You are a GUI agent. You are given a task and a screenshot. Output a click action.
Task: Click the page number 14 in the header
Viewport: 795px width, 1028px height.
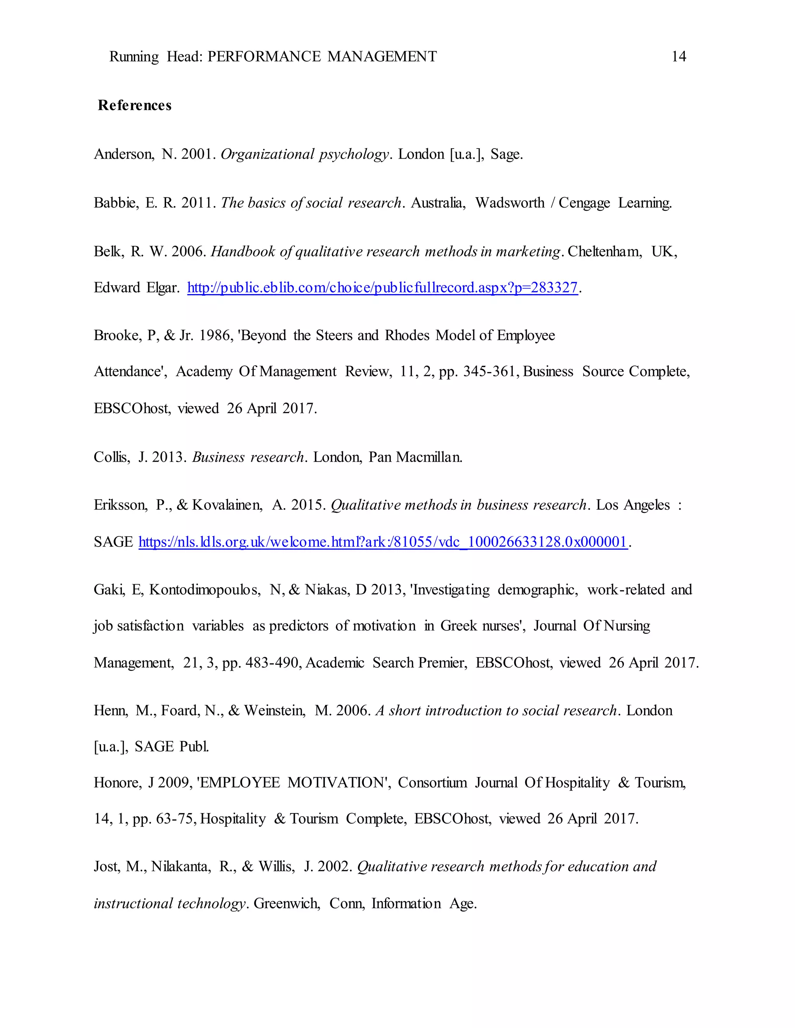tap(678, 57)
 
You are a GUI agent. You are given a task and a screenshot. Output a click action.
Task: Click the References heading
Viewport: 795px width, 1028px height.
tap(135, 106)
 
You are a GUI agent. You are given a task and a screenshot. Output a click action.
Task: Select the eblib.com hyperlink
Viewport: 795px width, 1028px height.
tap(382, 287)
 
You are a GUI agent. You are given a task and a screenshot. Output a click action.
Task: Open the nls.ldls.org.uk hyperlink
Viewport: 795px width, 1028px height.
tap(383, 542)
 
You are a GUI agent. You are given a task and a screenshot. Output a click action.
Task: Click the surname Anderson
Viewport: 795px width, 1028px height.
tap(123, 154)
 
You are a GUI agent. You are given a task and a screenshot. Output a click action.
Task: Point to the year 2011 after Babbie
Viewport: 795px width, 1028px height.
tap(198, 203)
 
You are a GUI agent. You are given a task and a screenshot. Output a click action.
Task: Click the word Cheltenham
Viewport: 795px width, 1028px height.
tap(605, 252)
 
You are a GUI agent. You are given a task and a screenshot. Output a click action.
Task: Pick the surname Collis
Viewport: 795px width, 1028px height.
tap(112, 457)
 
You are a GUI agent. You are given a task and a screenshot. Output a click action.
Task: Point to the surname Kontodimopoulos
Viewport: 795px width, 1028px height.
tap(205, 590)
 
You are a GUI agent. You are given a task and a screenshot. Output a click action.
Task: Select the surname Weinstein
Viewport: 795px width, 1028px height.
tap(274, 711)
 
